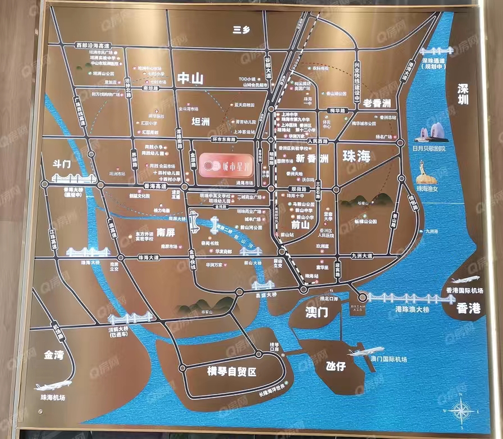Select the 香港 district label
[468, 308]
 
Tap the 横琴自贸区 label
[231, 371]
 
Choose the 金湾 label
[55, 355]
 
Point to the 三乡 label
[241, 30]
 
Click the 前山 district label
[301, 225]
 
